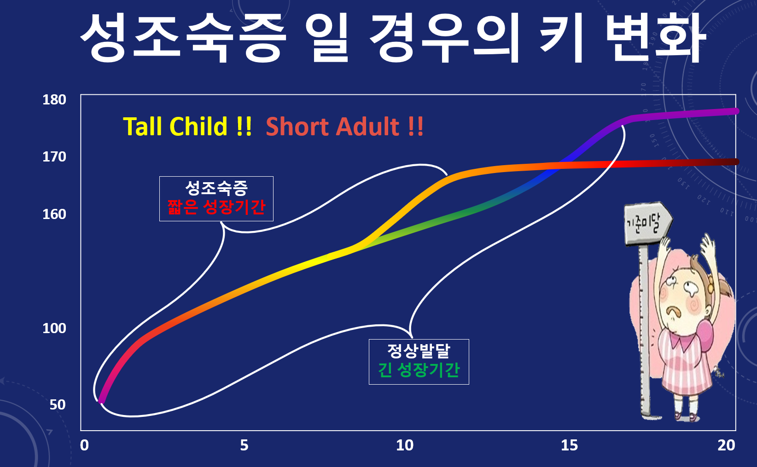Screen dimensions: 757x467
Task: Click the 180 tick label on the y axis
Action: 54,100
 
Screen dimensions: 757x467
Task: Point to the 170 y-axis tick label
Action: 54,157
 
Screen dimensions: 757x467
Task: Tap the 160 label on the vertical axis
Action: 54,214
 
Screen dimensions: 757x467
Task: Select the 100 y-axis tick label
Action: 54,329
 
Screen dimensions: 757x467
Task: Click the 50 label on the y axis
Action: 58,405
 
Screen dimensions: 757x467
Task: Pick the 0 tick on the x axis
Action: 84,446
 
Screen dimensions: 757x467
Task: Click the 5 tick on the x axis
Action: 245,446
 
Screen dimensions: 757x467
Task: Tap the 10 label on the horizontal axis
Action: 405,446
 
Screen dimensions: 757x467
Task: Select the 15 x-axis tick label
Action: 570,446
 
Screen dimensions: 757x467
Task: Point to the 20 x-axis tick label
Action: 726,446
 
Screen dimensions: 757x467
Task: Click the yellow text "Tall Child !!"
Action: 187,127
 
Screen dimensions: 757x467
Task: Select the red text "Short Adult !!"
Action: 345,127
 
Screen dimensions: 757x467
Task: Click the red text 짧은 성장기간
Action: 216,207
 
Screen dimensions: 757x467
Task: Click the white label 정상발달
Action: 419,351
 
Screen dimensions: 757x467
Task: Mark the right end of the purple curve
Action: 736,111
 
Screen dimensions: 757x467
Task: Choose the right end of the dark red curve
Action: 736,162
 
